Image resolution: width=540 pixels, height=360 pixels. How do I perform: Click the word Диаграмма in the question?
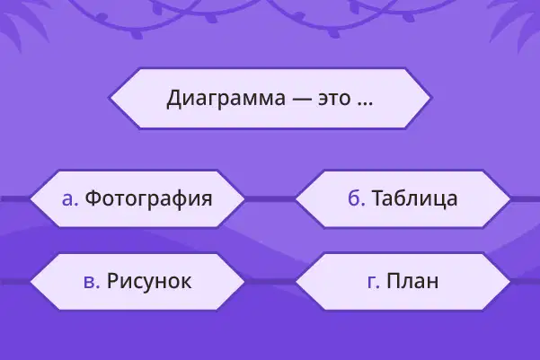[x=226, y=99]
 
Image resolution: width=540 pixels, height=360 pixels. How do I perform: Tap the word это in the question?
[x=334, y=99]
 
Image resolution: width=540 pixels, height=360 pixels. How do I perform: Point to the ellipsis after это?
[x=365, y=103]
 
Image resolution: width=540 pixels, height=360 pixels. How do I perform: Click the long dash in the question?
[x=302, y=100]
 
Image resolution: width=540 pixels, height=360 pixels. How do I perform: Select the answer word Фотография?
[x=148, y=198]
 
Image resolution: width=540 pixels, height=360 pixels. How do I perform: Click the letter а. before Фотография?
[x=70, y=199]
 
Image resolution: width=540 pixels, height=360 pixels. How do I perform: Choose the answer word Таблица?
[x=414, y=198]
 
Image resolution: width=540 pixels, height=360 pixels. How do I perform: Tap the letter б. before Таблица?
[x=357, y=198]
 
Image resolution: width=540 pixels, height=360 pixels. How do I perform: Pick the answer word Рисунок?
[x=149, y=282]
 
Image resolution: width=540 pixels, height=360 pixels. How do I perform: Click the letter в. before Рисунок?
[x=92, y=282]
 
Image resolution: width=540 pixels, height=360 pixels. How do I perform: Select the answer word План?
[x=412, y=281]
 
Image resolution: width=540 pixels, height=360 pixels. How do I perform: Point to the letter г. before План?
[x=374, y=282]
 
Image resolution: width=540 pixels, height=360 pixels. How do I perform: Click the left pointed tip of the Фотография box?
[x=31, y=198]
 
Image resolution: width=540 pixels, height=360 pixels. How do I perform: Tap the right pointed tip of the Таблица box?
[x=510, y=198]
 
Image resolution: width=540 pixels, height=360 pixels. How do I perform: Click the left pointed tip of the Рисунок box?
[x=31, y=282]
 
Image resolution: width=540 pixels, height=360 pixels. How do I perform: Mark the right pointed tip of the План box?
[x=510, y=282]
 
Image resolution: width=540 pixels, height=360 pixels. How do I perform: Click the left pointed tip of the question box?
[x=110, y=98]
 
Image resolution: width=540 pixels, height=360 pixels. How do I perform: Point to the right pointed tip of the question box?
[x=431, y=98]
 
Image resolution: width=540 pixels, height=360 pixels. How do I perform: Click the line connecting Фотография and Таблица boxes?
[x=270, y=199]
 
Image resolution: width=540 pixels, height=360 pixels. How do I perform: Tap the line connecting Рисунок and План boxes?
[x=270, y=282]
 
